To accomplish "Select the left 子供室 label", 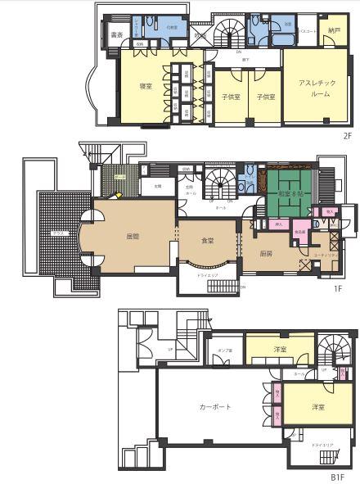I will pyautogui.click(x=230, y=97).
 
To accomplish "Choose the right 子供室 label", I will pyautogui.click(x=264, y=97).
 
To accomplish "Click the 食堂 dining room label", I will pyautogui.click(x=207, y=241).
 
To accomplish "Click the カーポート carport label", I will pyautogui.click(x=215, y=406).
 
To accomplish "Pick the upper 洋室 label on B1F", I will pyautogui.click(x=280, y=350).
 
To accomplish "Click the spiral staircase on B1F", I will pyautogui.click(x=336, y=352).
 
